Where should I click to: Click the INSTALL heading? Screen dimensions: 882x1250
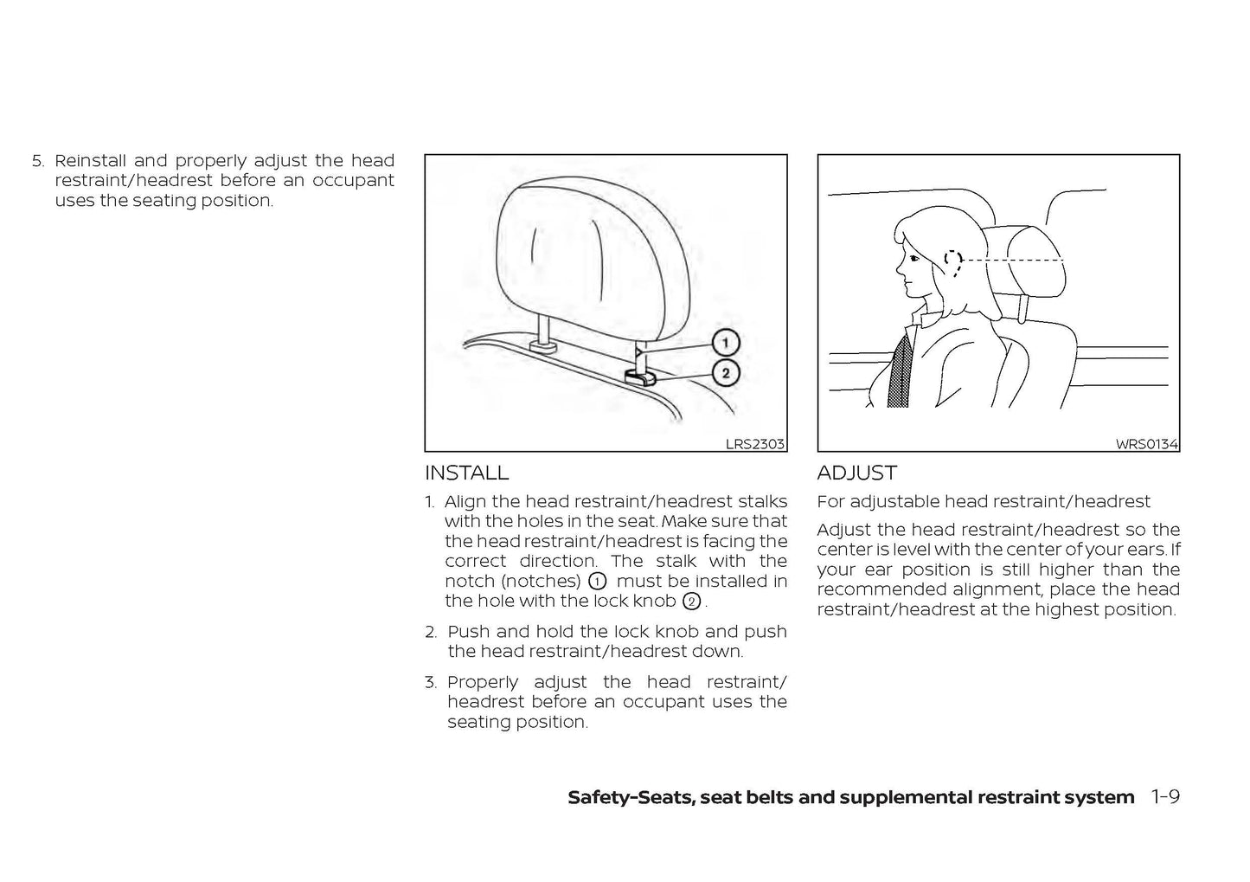[466, 473]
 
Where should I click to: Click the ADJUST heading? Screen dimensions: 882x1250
[856, 473]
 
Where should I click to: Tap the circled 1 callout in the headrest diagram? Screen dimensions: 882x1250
[725, 343]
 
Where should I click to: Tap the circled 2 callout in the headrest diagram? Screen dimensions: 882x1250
[725, 374]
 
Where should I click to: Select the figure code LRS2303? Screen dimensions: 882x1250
[754, 444]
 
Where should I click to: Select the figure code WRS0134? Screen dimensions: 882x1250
[1146, 444]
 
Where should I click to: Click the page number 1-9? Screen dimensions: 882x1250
[1165, 797]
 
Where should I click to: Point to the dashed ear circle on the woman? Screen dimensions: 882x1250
[952, 260]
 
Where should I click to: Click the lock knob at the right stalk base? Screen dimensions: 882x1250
[639, 376]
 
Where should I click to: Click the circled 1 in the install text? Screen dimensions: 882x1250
[597, 581]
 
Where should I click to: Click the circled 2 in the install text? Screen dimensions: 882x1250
[690, 602]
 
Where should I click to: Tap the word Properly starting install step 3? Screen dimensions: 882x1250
[482, 682]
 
